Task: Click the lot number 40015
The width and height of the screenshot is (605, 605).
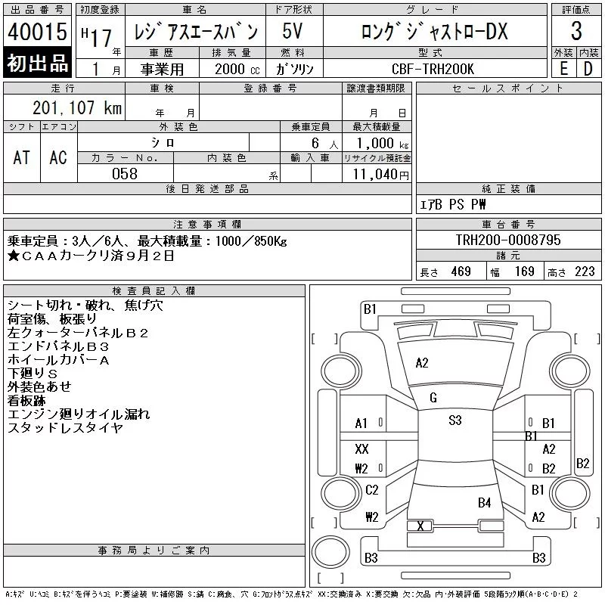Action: (37, 32)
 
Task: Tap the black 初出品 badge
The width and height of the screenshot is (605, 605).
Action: (37, 63)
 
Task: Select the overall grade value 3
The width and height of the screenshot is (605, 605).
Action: (576, 31)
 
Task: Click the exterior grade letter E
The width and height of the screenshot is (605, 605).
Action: (563, 69)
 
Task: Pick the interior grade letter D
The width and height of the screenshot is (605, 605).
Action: (588, 69)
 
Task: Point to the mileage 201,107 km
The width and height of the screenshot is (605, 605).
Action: (77, 107)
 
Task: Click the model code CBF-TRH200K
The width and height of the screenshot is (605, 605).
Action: (433, 69)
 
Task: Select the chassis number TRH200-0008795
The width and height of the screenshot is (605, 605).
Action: (507, 240)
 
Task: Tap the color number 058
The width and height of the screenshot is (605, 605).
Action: (125, 174)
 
